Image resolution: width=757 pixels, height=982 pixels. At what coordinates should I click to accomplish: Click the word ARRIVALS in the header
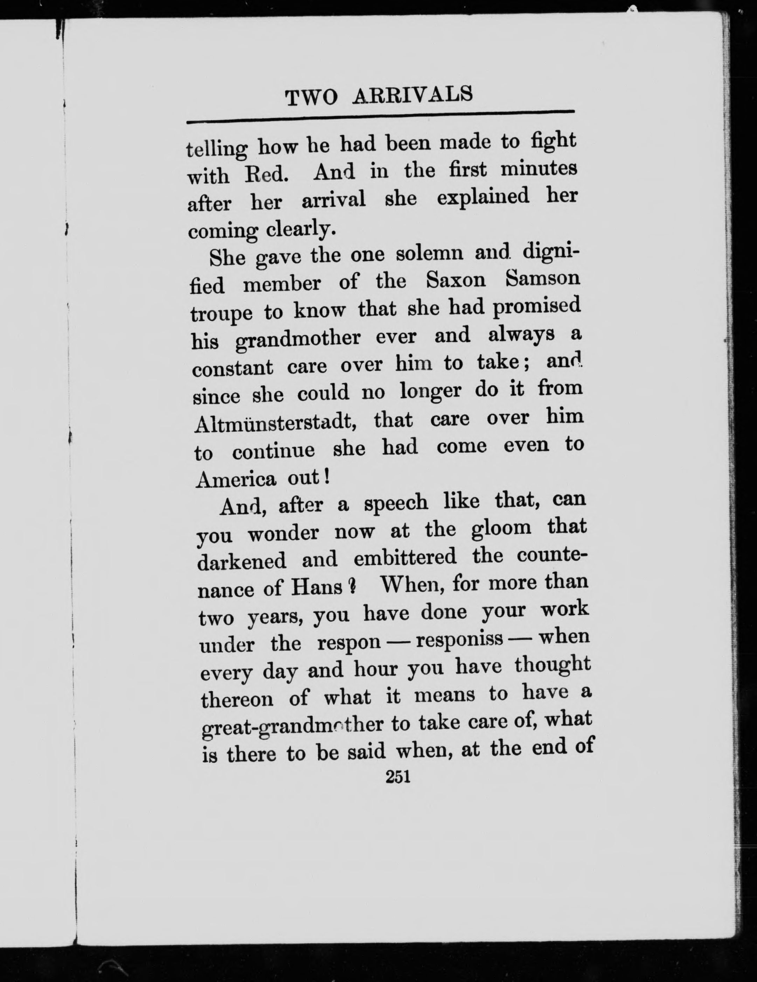pos(412,95)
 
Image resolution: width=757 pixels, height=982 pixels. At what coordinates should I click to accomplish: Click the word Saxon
pos(456,281)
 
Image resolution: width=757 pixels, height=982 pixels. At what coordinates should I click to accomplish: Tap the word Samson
pos(542,279)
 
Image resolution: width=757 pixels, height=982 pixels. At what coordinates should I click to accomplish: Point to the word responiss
pos(459,639)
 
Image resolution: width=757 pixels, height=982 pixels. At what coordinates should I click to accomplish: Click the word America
pos(235,480)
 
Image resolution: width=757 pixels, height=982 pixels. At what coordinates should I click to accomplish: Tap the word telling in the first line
pos(216,149)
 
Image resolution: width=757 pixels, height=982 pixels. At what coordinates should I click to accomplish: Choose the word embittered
pos(405,558)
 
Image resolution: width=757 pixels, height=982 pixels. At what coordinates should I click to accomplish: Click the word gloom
pos(501,528)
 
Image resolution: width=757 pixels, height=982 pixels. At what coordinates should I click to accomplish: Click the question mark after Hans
pos(352,586)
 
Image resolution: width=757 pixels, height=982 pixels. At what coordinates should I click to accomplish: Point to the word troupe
pos(221,313)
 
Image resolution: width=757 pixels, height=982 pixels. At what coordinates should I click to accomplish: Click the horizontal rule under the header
pos(381,116)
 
